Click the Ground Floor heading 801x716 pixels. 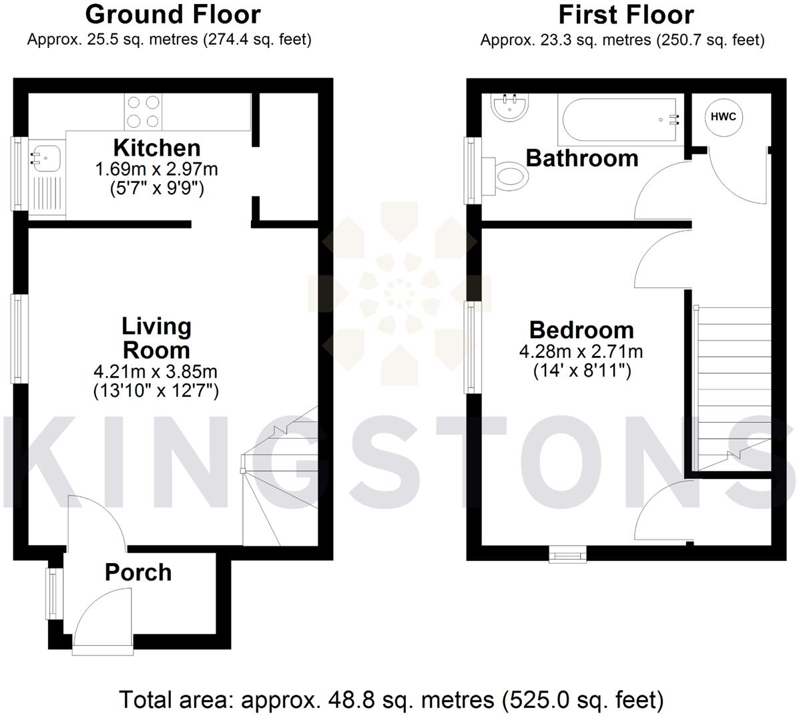[x=173, y=15]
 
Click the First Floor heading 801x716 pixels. [x=626, y=15]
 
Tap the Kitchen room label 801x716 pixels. [x=157, y=148]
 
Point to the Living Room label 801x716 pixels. [x=156, y=338]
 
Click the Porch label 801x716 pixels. [x=138, y=572]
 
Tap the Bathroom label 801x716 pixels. [x=582, y=158]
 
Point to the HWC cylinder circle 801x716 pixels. [x=724, y=118]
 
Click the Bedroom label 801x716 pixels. [x=581, y=330]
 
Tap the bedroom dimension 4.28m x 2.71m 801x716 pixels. [x=581, y=351]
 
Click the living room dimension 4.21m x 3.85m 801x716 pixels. [x=156, y=371]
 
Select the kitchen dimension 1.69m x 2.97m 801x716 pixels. [x=157, y=168]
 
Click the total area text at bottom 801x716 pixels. [x=391, y=699]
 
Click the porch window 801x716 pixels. [x=52, y=593]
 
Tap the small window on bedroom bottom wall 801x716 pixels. [x=567, y=554]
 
